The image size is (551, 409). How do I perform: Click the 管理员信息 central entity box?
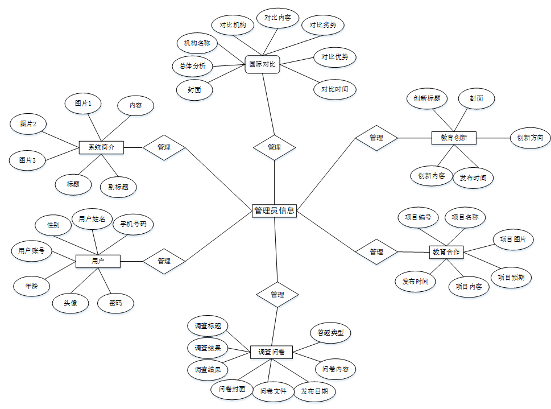(x=274, y=210)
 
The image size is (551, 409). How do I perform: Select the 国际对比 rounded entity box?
(x=262, y=64)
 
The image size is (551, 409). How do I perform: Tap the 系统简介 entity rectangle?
(x=101, y=147)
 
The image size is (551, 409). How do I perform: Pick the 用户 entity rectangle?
(x=98, y=261)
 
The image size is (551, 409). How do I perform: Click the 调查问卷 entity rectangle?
(x=271, y=353)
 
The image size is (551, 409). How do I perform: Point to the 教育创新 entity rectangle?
(x=454, y=137)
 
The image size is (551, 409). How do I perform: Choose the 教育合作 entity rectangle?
(x=446, y=251)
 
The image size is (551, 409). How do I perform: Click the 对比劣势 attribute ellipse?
(x=322, y=25)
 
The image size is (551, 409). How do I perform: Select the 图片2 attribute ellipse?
(x=28, y=124)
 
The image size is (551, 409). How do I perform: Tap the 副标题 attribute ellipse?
(x=118, y=186)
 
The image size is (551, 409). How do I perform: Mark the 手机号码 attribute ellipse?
(x=133, y=224)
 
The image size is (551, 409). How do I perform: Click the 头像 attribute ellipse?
(x=71, y=303)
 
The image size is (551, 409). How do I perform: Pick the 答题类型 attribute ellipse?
(x=330, y=333)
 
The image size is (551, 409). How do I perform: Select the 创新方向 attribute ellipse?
(x=530, y=137)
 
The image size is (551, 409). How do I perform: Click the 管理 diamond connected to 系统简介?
(x=164, y=147)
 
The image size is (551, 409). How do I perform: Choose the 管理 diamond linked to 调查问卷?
(x=277, y=295)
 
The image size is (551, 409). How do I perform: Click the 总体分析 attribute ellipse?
(x=192, y=65)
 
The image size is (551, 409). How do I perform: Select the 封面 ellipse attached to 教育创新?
(x=476, y=98)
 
